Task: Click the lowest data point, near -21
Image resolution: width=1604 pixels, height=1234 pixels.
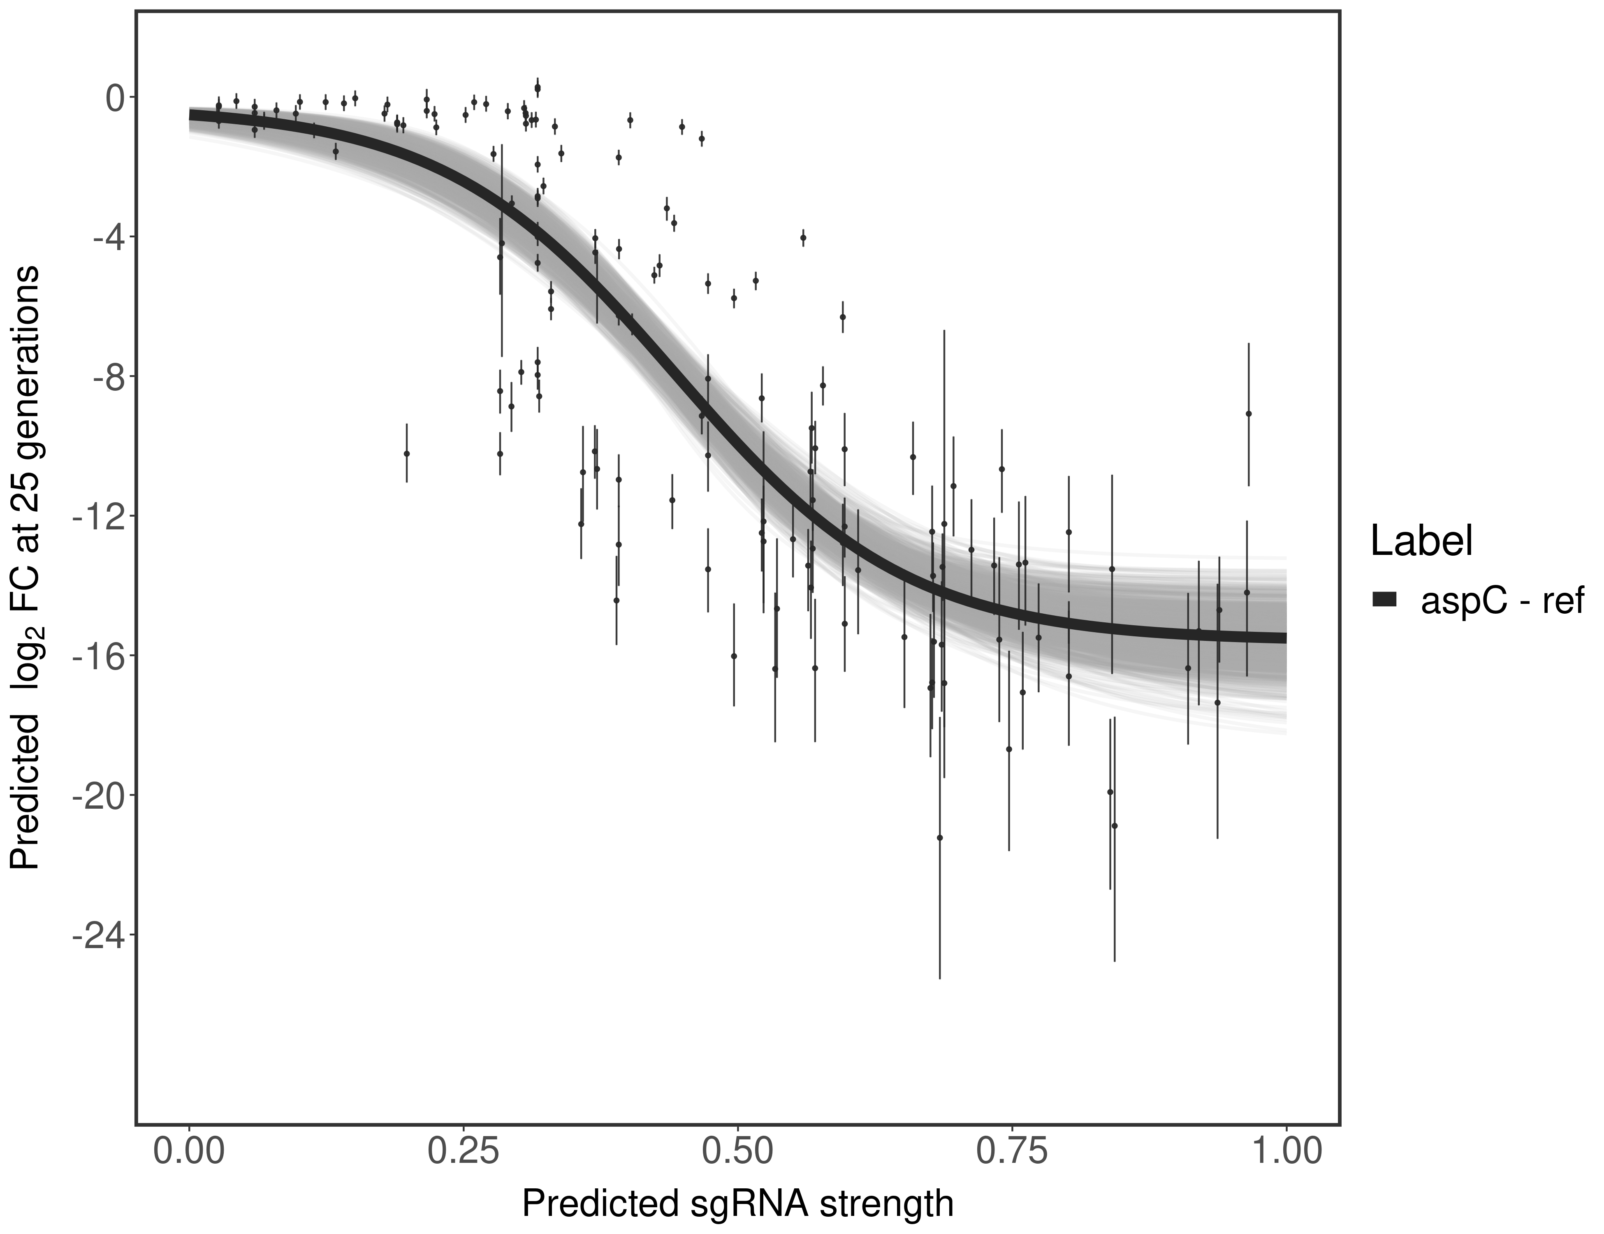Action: click(939, 837)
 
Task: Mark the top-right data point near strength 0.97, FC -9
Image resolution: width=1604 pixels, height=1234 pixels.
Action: click(1249, 413)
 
